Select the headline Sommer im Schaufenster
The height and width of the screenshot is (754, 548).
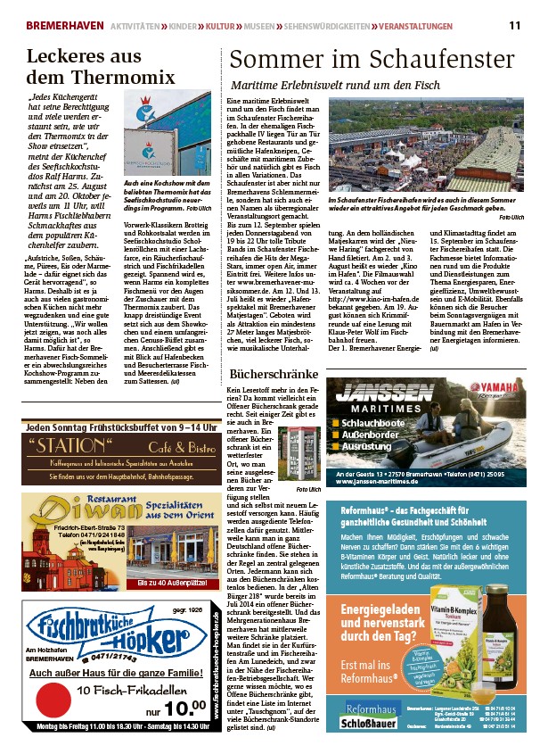pos(372,60)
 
